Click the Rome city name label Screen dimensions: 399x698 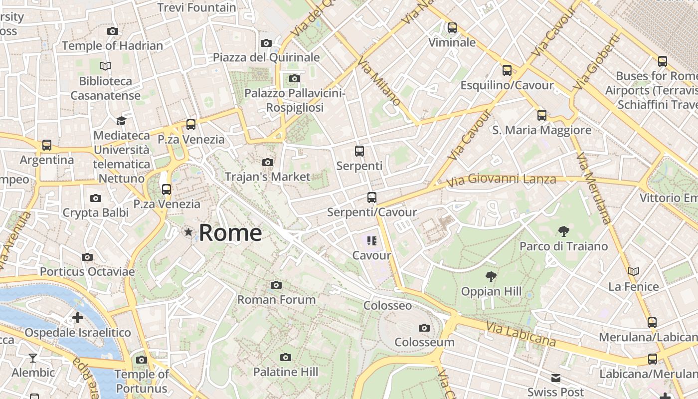(x=230, y=233)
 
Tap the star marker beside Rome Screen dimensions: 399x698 (x=188, y=232)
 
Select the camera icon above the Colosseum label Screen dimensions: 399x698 (x=424, y=328)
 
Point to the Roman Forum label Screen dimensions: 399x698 (x=276, y=299)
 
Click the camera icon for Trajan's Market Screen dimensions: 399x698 (x=268, y=162)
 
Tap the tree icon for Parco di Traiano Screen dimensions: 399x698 (x=564, y=231)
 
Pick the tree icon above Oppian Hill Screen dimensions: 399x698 (x=491, y=276)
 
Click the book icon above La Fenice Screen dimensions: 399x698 (x=634, y=272)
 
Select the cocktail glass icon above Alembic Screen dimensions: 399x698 (x=33, y=358)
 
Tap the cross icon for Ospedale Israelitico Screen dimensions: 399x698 (x=78, y=318)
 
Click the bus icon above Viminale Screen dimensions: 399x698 (x=452, y=28)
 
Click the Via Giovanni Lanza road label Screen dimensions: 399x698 (x=501, y=180)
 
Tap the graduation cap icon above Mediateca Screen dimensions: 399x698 (x=121, y=121)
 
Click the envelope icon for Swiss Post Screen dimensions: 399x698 (x=556, y=378)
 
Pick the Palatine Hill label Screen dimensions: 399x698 (x=285, y=372)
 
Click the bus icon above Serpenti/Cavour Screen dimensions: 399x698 (x=372, y=198)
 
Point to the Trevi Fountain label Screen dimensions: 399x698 (x=196, y=7)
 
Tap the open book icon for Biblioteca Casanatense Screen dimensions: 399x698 (x=105, y=66)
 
